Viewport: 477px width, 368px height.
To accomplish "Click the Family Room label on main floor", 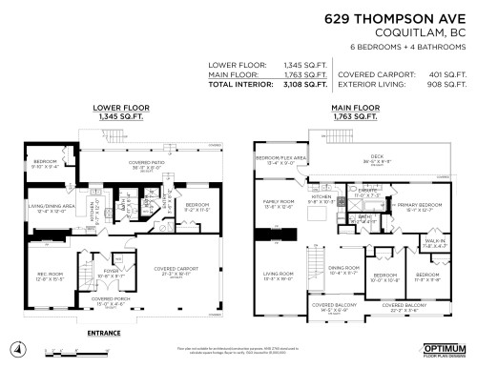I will (x=277, y=203).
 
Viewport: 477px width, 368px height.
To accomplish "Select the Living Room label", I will (x=277, y=276).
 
